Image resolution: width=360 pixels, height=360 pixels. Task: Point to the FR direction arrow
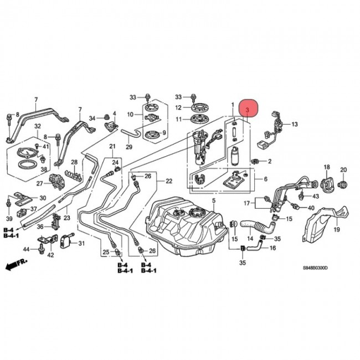pos(16,266)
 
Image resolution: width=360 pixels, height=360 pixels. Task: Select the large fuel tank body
pos(183,227)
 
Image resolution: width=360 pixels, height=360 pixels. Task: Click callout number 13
pos(295,124)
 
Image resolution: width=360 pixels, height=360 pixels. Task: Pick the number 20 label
pos(343,169)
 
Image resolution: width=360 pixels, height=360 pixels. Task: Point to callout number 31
pos(81,243)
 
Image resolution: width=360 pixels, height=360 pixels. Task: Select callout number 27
pos(39,183)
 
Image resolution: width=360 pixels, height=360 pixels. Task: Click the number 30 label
pos(42,199)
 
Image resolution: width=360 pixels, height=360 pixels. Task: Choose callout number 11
pos(178,119)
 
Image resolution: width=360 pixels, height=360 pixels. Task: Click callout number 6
pos(265,179)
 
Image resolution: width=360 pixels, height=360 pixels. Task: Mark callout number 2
pos(270,161)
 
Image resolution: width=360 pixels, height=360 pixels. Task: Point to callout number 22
pos(169,181)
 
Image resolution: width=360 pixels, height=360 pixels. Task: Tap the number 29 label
pos(129,147)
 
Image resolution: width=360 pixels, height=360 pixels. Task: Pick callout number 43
pos(315,196)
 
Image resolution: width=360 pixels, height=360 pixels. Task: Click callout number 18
pos(327,167)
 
